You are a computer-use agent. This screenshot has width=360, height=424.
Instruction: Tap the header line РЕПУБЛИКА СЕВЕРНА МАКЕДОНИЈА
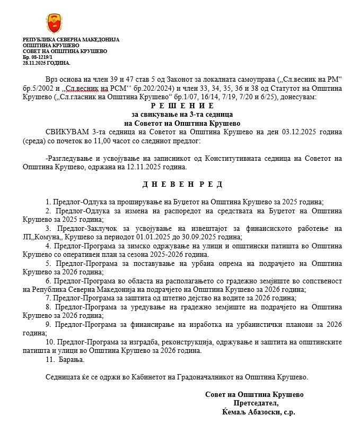pyautogui.click(x=71, y=40)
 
